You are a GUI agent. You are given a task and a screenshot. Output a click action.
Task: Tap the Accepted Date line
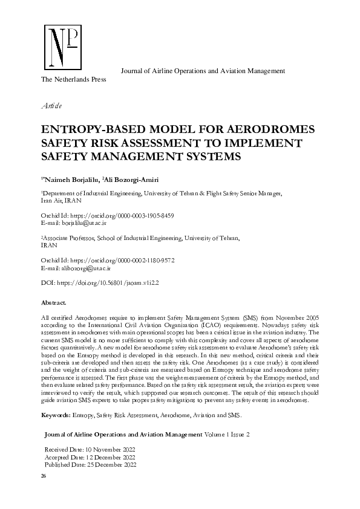click(90, 458)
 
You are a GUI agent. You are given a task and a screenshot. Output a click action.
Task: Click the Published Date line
click(91, 465)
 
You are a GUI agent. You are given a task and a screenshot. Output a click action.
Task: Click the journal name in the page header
click(203, 71)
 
